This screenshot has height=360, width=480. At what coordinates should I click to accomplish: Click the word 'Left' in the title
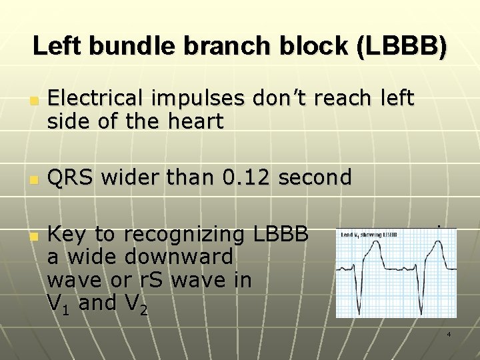click(x=57, y=46)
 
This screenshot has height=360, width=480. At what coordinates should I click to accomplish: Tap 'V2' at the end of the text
click(x=136, y=304)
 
